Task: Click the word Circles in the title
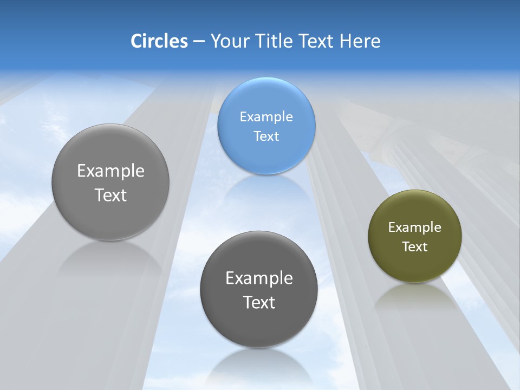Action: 159,41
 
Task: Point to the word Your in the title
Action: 229,41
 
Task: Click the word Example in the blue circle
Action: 266,116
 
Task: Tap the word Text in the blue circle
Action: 266,136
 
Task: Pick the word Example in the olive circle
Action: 414,227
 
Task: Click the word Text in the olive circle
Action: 414,246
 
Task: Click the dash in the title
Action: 198,41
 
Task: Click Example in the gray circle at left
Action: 110,171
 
